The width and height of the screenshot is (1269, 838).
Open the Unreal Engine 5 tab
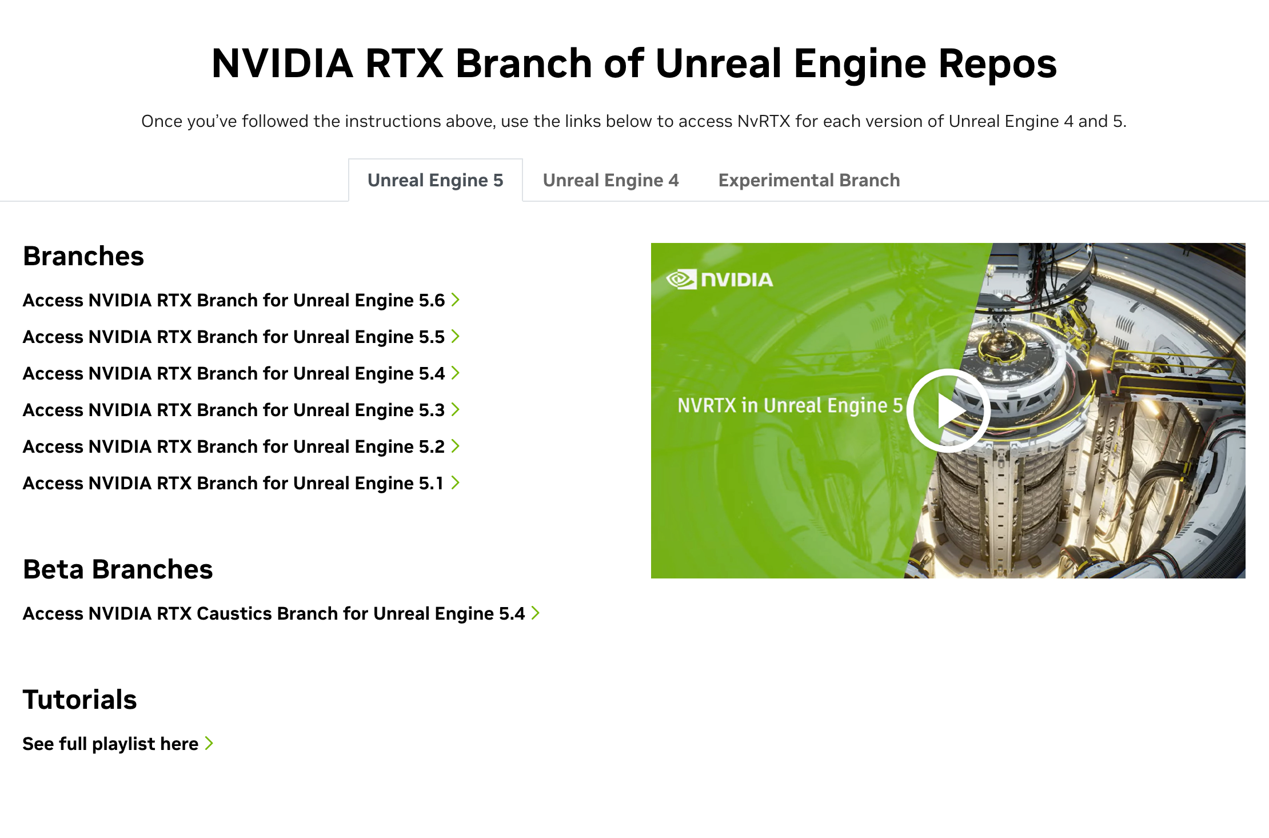click(x=436, y=180)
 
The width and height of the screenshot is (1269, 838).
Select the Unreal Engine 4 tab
click(x=610, y=180)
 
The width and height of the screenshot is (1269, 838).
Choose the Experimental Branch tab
click(x=809, y=180)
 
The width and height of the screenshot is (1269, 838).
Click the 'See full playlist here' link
click(x=118, y=744)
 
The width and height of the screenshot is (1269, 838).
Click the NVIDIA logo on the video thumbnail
click(x=720, y=279)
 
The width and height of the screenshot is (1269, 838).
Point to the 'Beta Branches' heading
click(x=118, y=569)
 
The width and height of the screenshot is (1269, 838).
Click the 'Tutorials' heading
click(x=80, y=700)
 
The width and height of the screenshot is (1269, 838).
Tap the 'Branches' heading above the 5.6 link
click(x=83, y=256)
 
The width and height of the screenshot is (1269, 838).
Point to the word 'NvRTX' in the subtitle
click(x=764, y=121)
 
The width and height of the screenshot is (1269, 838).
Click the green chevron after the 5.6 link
click(x=456, y=300)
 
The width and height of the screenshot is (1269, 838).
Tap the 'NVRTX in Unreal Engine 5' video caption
click(x=790, y=405)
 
